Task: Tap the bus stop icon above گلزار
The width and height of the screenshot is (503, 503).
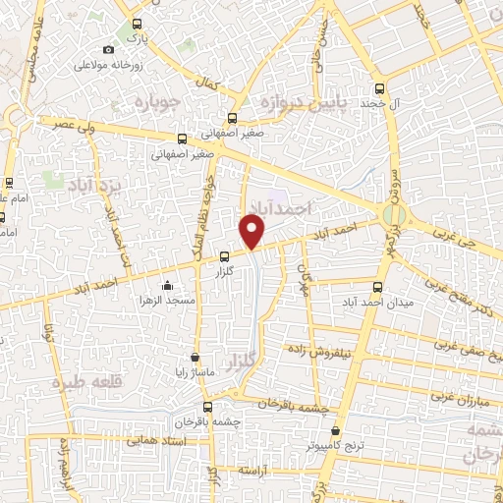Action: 224,256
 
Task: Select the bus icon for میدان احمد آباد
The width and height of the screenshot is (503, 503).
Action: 377,287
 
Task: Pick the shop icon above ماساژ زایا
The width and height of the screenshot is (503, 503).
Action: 195,358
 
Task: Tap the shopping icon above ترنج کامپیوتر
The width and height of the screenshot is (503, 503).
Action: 336,431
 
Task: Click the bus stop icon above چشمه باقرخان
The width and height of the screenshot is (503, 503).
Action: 207,407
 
